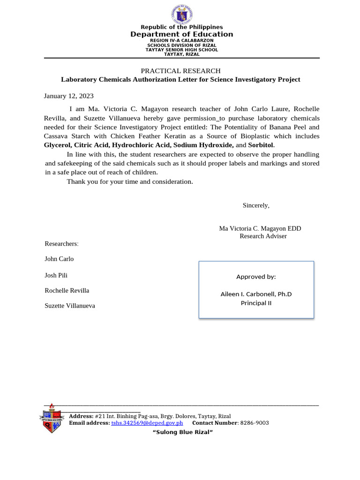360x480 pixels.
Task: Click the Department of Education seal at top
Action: pos(181,14)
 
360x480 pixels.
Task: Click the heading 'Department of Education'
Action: pos(181,34)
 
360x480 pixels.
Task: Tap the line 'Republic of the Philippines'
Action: pos(181,27)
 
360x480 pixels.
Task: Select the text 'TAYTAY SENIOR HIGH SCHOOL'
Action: pos(181,50)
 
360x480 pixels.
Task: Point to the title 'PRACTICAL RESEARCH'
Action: pos(180,71)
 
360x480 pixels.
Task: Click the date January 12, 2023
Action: pos(69,96)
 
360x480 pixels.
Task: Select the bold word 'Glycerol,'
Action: pos(58,145)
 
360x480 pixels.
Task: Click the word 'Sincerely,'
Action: pos(256,205)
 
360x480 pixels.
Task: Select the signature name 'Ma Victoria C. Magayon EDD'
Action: pos(260,228)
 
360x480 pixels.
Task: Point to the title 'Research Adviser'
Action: pos(263,236)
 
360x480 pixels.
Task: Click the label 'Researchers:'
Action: pos(61,244)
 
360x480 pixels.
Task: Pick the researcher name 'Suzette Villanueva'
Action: pos(69,306)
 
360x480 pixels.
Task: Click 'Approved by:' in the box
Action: pos(256,277)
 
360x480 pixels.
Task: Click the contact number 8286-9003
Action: pos(255,423)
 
